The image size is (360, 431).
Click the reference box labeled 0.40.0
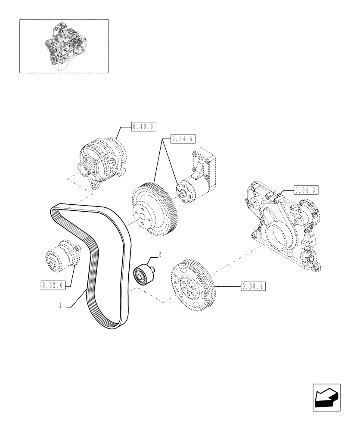coord(143,127)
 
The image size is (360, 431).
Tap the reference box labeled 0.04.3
coord(306,189)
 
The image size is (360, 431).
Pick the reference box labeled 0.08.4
coord(253,285)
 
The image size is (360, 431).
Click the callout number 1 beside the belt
coord(61,305)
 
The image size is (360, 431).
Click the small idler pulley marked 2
coord(143,274)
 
